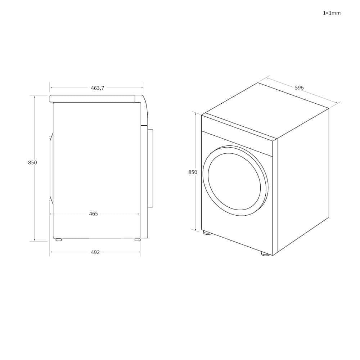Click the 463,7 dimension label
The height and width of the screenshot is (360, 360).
coord(98,88)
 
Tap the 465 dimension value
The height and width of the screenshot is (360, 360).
coord(94,214)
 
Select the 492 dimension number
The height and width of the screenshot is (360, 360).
coord(95,252)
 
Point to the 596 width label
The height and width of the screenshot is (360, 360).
coord(299,87)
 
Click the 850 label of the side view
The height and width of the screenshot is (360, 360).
coord(32,163)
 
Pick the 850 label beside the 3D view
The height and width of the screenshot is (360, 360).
coord(193,172)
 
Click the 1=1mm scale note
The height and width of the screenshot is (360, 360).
coord(332,13)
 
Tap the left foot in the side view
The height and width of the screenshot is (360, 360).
coord(59,240)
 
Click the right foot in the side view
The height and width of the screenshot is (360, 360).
coord(138,240)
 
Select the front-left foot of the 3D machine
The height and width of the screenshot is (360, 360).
coord(207,233)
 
